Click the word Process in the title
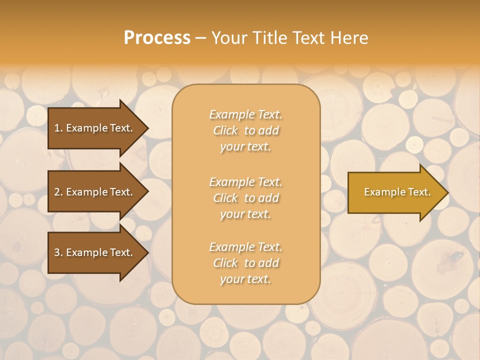157,38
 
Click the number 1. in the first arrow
58,128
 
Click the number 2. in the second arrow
58,192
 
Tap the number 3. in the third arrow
58,252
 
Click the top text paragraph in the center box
245,130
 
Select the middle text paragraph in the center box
245,198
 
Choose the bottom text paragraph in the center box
245,263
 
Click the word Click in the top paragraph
225,130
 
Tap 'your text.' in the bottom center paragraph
245,279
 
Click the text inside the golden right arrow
397,192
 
